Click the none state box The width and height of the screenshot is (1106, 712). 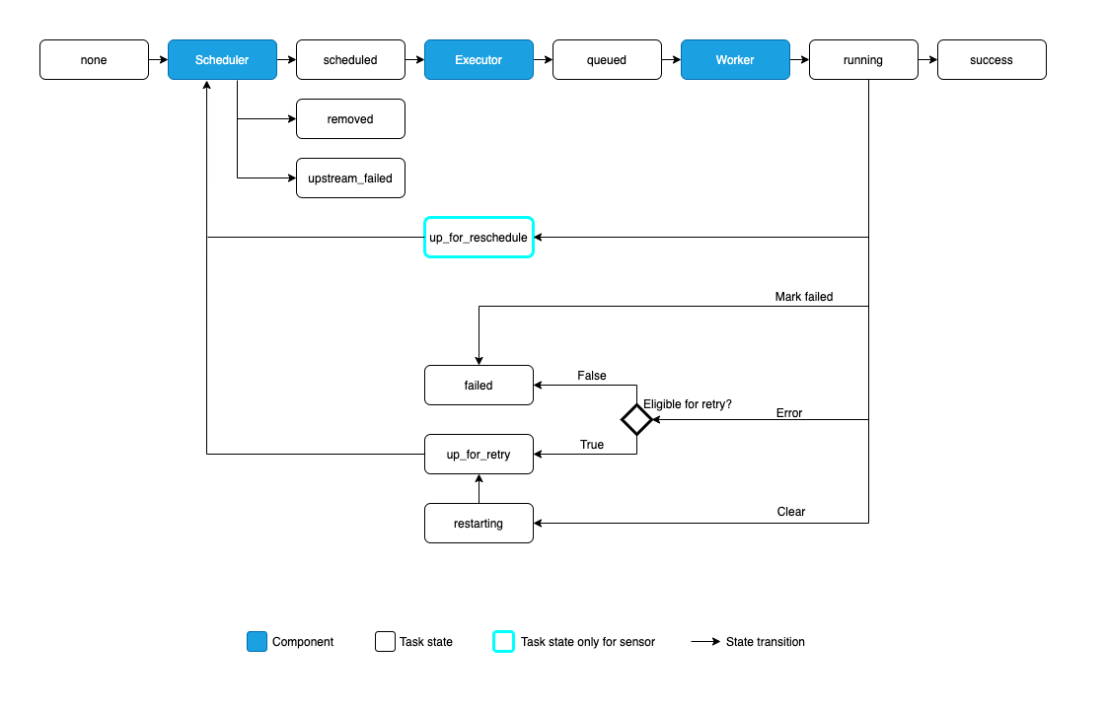click(94, 60)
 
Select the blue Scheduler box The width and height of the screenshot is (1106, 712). click(222, 60)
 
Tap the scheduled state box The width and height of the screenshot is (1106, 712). click(350, 60)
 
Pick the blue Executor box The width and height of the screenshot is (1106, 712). click(479, 60)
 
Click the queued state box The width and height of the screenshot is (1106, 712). click(607, 60)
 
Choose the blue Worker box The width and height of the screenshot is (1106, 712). click(735, 60)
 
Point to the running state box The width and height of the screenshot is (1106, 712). click(863, 60)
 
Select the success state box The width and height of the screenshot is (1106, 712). click(992, 60)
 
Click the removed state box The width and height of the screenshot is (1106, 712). click(350, 119)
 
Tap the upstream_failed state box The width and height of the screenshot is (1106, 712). click(350, 178)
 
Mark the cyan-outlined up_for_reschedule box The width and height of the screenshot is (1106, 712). click(479, 238)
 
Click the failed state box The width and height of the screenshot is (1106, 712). click(479, 386)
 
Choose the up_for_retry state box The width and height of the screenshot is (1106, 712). click(479, 455)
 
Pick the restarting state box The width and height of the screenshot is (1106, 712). click(479, 524)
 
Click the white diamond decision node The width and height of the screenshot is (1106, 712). click(636, 420)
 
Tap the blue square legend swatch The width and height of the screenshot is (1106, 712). click(257, 642)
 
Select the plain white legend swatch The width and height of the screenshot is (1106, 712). click(385, 642)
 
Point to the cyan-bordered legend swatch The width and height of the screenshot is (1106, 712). click(503, 642)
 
